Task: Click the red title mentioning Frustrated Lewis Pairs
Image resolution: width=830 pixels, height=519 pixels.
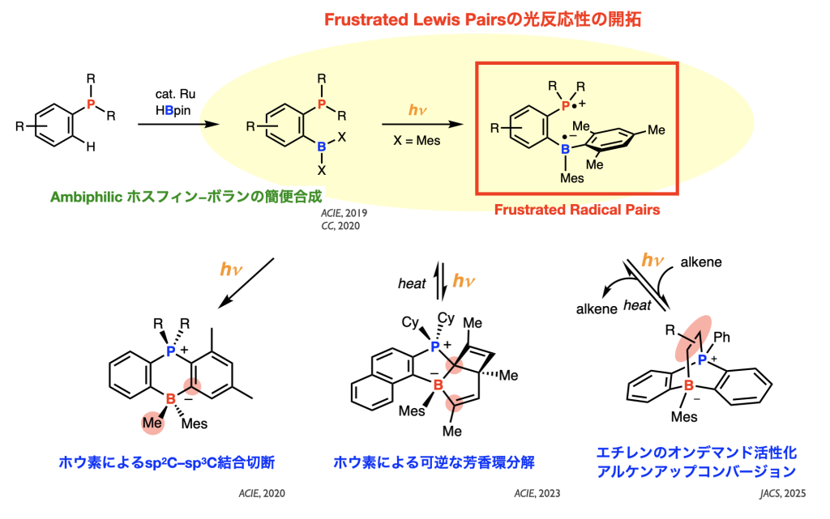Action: tap(483, 19)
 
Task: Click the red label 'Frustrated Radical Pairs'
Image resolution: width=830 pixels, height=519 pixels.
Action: tap(576, 210)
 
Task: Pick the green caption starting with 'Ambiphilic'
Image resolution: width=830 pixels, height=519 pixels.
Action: tap(186, 196)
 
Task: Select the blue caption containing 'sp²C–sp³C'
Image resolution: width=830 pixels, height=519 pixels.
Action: tap(168, 462)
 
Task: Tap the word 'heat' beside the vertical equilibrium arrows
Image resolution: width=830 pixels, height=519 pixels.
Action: tap(412, 283)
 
